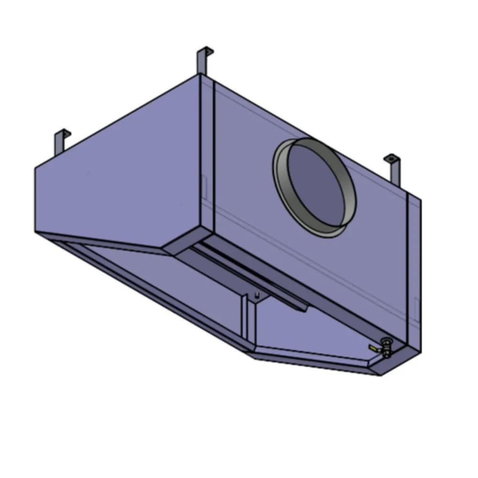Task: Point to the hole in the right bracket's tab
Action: pos(390,158)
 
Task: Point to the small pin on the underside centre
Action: pos(257,295)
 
